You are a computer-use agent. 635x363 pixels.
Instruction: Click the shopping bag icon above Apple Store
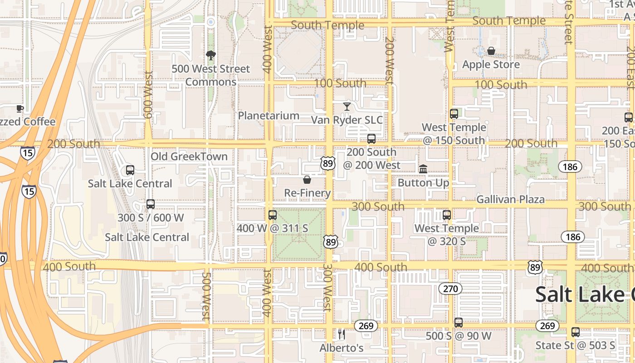click(491, 51)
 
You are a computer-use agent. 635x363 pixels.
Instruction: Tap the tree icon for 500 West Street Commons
click(210, 55)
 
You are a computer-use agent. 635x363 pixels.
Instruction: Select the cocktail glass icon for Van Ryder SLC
click(347, 107)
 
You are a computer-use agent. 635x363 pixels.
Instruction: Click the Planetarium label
click(269, 116)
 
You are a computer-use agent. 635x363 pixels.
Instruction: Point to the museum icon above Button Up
click(423, 169)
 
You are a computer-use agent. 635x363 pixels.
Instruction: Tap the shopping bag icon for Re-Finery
click(307, 180)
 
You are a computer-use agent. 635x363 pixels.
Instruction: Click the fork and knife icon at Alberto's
click(342, 334)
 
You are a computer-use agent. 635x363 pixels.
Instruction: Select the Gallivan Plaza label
click(510, 199)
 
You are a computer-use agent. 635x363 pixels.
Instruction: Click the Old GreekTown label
click(189, 157)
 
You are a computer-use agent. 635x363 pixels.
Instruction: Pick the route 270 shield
click(450, 288)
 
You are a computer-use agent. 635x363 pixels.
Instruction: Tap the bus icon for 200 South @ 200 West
click(371, 138)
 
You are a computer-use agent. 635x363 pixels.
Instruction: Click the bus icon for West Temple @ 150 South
click(454, 113)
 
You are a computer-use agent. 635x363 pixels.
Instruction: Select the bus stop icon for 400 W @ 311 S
click(272, 215)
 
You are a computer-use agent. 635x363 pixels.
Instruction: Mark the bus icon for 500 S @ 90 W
click(459, 323)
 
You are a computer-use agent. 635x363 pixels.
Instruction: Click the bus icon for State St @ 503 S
click(576, 332)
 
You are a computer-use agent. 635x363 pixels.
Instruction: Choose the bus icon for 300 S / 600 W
click(151, 204)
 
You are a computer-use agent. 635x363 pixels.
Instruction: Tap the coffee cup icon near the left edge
click(20, 108)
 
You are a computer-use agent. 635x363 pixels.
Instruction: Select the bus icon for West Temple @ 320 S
click(447, 215)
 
